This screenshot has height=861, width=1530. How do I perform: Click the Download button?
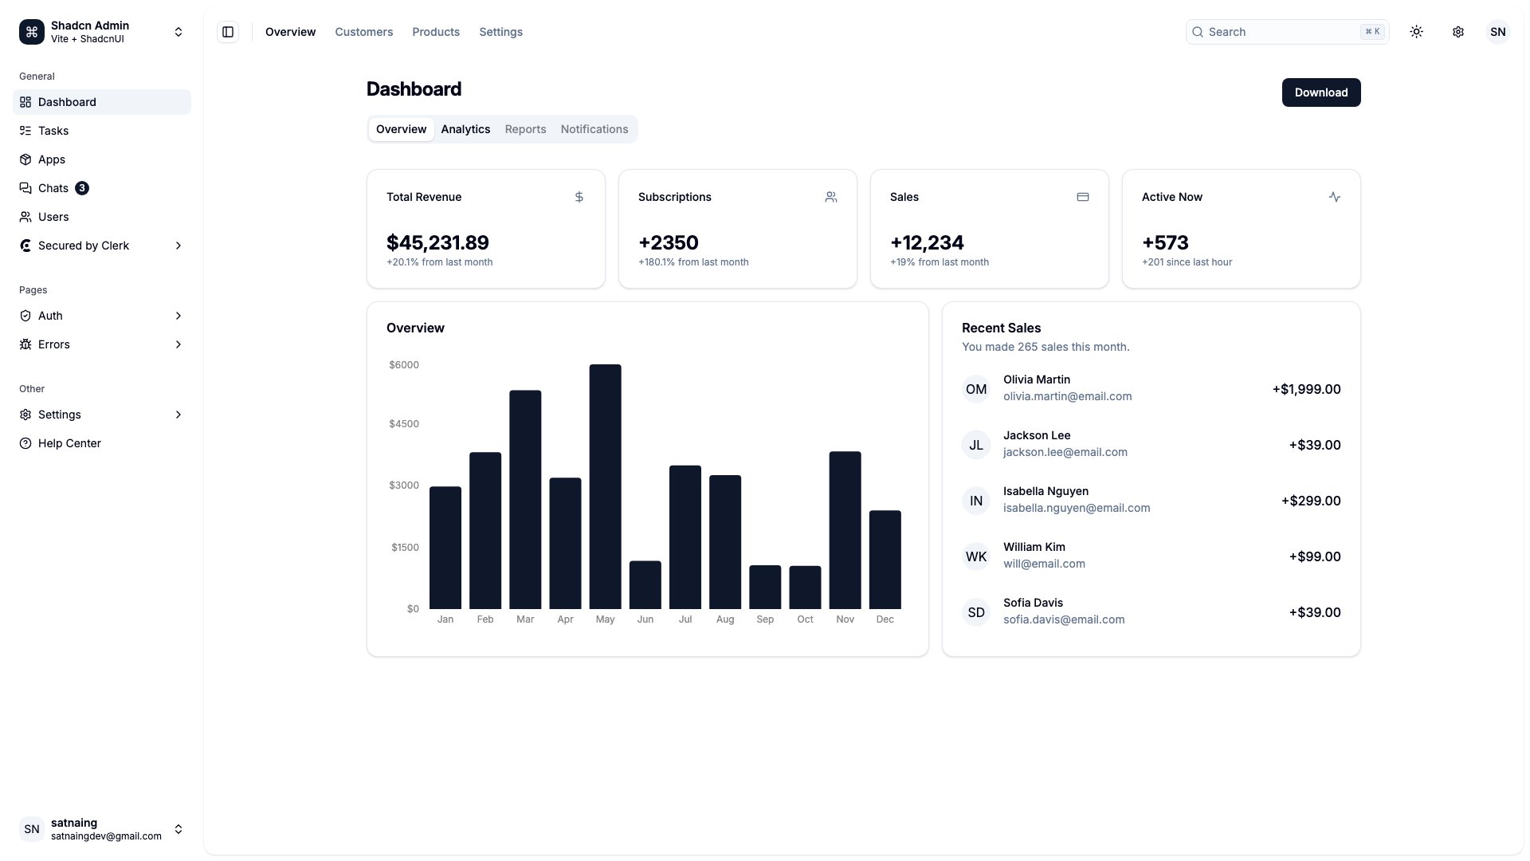[x=1320, y=92]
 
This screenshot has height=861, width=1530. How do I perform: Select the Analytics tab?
[x=465, y=129]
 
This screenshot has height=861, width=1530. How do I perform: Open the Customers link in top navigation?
[x=363, y=32]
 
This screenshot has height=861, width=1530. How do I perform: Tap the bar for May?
[x=605, y=486]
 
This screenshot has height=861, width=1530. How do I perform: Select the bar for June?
[x=645, y=585]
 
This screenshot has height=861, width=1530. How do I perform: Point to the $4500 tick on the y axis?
[x=404, y=424]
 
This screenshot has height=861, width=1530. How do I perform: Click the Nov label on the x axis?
[x=845, y=619]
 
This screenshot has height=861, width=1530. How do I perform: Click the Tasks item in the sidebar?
[x=53, y=131]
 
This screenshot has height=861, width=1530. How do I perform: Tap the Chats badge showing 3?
[x=82, y=188]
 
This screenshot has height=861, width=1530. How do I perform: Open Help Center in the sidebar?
[x=69, y=443]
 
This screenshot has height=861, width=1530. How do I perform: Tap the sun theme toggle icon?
[x=1416, y=32]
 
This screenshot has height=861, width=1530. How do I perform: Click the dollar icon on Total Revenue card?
[x=579, y=197]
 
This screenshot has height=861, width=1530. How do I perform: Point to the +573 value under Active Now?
[x=1165, y=242]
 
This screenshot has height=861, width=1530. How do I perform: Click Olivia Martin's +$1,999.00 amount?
[x=1306, y=389]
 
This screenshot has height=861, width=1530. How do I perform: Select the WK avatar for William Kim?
[x=975, y=556]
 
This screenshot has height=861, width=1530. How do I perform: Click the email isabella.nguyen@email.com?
[x=1076, y=508]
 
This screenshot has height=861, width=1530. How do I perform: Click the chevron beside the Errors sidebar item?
[x=178, y=344]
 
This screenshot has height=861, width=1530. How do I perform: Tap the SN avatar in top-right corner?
[x=1497, y=32]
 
